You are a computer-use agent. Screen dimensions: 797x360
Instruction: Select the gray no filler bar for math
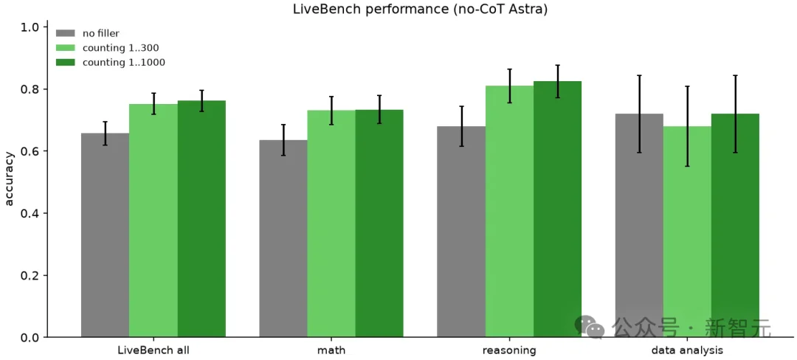point(283,238)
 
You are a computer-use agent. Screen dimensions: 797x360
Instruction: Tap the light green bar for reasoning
point(509,211)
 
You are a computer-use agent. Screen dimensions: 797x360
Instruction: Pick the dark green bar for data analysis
point(735,226)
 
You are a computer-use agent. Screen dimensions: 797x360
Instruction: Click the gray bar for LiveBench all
point(106,235)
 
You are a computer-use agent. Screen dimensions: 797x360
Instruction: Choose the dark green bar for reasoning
point(558,210)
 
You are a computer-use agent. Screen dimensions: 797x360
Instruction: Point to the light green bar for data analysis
point(687,232)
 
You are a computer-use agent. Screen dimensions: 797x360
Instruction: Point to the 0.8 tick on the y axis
point(46,89)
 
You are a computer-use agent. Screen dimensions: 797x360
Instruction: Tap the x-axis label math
point(331,350)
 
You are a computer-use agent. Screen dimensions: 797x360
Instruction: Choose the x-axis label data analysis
point(687,351)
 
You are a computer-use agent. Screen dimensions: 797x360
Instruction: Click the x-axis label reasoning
point(509,351)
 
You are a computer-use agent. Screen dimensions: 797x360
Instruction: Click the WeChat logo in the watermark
point(589,327)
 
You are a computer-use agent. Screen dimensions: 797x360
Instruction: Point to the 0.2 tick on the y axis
point(46,275)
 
